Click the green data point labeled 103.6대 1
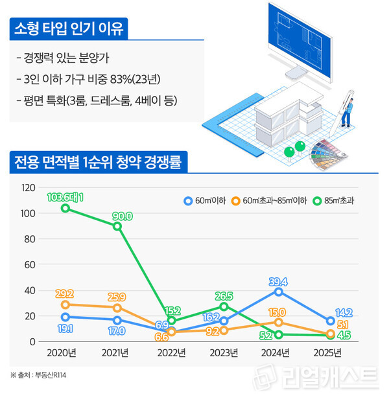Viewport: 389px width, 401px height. click(65, 208)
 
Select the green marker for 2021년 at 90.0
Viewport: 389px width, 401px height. click(117, 226)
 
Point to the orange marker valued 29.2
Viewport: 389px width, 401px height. click(65, 304)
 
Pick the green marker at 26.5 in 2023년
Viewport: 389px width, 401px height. click(224, 306)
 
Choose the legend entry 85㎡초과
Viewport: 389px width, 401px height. click(335, 200)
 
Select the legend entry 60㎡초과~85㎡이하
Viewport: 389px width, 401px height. click(270, 200)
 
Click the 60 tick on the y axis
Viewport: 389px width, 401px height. click(29, 264)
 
